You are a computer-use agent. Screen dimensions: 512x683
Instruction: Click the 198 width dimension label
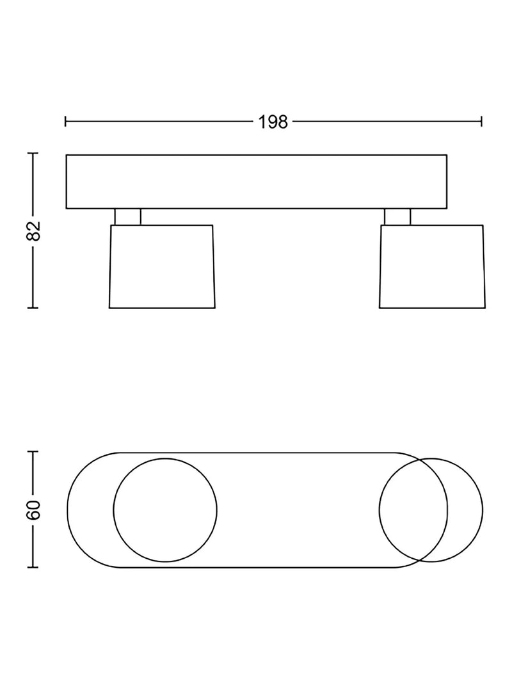(273, 122)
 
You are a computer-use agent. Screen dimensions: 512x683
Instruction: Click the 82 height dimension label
(33, 230)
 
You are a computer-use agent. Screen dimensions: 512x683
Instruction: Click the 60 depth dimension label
(33, 510)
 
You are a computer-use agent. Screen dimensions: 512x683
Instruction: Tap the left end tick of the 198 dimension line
(65, 122)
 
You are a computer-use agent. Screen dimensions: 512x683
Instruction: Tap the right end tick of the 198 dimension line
(481, 122)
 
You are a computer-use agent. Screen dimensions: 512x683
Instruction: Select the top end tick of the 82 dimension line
(33, 154)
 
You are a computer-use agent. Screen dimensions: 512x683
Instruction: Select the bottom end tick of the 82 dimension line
(33, 308)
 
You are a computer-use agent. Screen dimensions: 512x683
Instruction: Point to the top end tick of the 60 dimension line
(33, 452)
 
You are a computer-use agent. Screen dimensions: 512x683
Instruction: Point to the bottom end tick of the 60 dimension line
(33, 567)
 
